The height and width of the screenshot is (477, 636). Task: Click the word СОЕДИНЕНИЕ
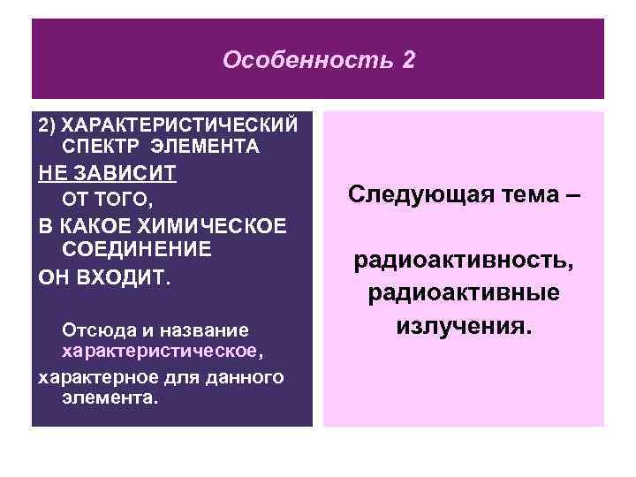tap(137, 248)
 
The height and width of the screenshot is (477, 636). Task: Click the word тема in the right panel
tap(521, 194)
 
